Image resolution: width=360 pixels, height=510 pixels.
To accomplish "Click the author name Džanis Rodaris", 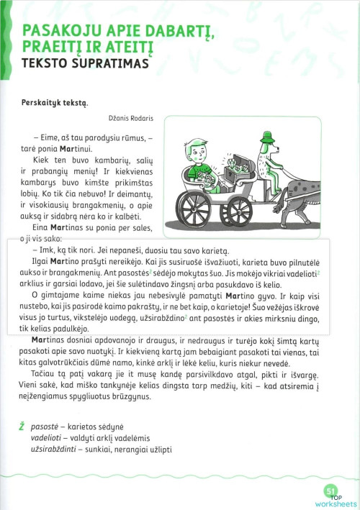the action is click(x=109, y=120).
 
